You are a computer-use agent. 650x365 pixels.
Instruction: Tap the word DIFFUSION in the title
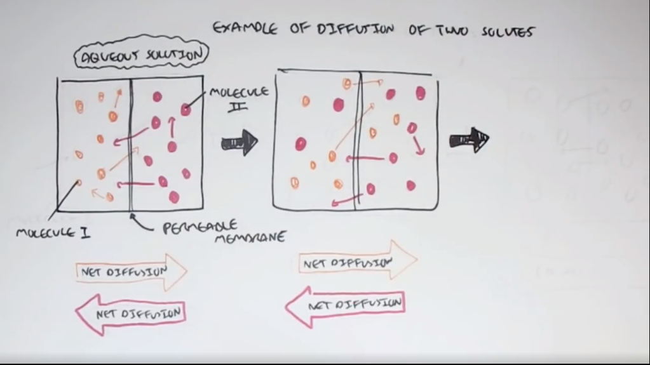tap(349, 29)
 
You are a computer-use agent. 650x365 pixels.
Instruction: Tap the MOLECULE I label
tap(53, 232)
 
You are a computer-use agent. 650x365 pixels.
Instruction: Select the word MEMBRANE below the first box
tap(249, 238)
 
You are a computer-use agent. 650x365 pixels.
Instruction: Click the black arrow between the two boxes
tap(240, 142)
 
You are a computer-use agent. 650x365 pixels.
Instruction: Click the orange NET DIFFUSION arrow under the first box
tap(130, 272)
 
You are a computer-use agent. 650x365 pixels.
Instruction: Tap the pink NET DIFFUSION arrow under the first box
tap(130, 313)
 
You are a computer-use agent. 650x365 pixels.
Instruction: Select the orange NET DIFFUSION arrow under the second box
tap(357, 260)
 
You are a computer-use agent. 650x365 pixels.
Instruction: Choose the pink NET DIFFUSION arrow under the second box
tap(345, 305)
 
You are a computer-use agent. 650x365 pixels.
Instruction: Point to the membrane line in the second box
tap(358, 140)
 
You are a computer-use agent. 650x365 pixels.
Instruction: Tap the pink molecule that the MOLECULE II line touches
tap(186, 109)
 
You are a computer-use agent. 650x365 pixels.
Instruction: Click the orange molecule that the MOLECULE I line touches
tap(79, 183)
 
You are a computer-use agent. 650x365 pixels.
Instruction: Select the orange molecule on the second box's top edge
tap(347, 83)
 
